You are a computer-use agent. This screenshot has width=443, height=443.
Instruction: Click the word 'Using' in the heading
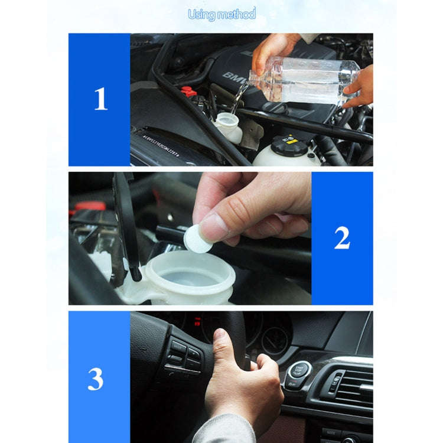click(202, 14)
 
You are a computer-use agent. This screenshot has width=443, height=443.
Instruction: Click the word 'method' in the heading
click(237, 14)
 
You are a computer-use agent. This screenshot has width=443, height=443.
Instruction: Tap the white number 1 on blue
click(100, 99)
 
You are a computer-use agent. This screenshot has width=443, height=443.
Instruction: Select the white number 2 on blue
click(342, 238)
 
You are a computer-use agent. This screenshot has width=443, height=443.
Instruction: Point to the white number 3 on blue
click(96, 379)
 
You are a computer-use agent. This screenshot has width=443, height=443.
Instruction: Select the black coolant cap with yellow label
click(289, 144)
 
